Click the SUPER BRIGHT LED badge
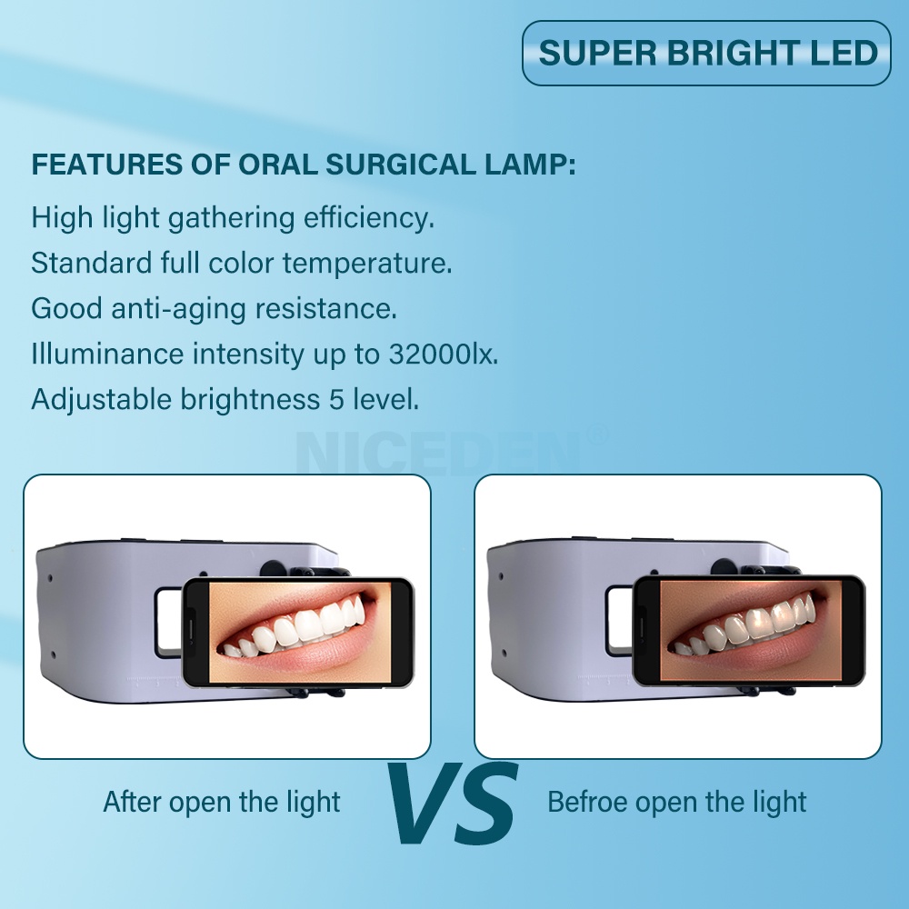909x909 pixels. tap(706, 53)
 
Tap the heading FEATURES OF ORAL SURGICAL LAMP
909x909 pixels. tap(304, 165)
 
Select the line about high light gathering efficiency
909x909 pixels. tap(233, 218)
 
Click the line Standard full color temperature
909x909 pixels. tap(241, 264)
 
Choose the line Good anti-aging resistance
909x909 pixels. tap(214, 308)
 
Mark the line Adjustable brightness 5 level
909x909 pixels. tap(225, 399)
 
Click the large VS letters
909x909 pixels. tap(452, 803)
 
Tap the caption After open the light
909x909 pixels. tap(221, 802)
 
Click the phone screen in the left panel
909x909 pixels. tap(300, 632)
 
